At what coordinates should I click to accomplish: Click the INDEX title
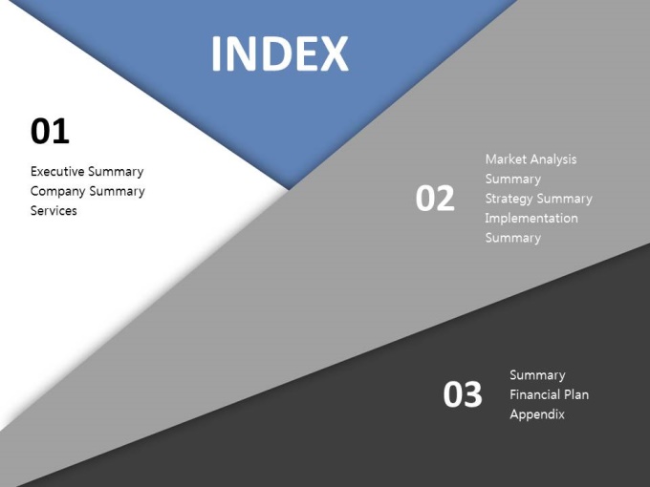(280, 53)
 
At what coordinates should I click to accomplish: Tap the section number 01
(50, 131)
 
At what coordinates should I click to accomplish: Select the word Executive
(57, 171)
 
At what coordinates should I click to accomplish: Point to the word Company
(57, 192)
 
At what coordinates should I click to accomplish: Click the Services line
(54, 210)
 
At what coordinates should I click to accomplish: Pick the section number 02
(435, 199)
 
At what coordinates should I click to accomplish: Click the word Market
(506, 159)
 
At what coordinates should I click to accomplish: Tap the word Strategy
(509, 199)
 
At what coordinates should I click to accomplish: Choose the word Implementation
(531, 218)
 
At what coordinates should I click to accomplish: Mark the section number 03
(463, 394)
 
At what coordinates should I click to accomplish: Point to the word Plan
(576, 394)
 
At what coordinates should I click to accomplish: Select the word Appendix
(537, 414)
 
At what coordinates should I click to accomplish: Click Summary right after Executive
(116, 172)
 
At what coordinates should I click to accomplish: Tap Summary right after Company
(117, 192)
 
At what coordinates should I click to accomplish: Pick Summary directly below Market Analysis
(513, 180)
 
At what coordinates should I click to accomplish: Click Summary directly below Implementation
(513, 238)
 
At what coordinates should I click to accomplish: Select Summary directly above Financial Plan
(537, 375)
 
